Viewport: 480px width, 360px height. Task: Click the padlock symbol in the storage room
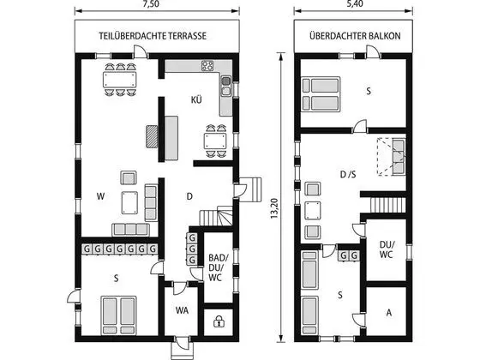tap(219, 321)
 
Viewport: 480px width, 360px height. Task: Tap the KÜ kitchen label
tap(196, 99)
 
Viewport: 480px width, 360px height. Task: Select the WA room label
tap(182, 310)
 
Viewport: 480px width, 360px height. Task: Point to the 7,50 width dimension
tap(152, 4)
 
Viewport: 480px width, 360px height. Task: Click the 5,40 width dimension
tap(355, 3)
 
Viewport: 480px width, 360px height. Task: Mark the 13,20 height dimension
tap(274, 208)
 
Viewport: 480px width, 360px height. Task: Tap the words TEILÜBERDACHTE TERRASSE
tap(153, 36)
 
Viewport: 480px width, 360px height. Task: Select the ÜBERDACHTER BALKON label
tap(355, 36)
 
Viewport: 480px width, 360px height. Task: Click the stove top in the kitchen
tap(207, 66)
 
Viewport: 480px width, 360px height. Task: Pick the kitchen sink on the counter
tap(226, 86)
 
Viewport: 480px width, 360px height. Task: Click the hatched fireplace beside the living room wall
tap(152, 136)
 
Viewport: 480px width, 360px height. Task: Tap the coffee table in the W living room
tap(129, 202)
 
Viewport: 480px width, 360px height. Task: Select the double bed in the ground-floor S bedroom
tap(119, 315)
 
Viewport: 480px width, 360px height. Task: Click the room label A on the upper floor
tap(389, 313)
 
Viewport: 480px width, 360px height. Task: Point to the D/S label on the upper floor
tap(348, 175)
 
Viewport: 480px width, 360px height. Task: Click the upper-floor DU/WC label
tap(387, 249)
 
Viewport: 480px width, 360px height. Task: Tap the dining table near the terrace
tap(120, 80)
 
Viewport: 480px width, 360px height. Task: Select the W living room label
tap(100, 196)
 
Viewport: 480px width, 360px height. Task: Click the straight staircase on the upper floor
tap(388, 205)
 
